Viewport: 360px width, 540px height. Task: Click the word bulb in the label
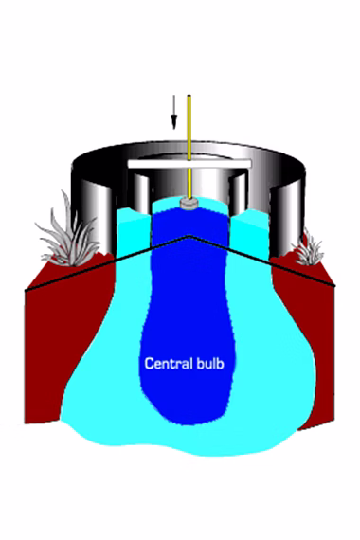209,364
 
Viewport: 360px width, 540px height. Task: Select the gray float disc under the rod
189,204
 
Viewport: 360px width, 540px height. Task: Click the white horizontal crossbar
189,164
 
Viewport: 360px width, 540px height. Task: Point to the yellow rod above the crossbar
189,127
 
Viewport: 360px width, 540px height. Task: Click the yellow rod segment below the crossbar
189,183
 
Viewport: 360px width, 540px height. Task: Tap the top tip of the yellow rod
189,96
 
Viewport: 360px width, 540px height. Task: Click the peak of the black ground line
189,236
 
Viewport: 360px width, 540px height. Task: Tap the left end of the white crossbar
129,164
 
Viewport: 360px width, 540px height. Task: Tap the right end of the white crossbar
251,164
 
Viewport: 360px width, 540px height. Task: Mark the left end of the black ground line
26,291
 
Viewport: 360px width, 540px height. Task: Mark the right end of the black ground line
334,285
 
